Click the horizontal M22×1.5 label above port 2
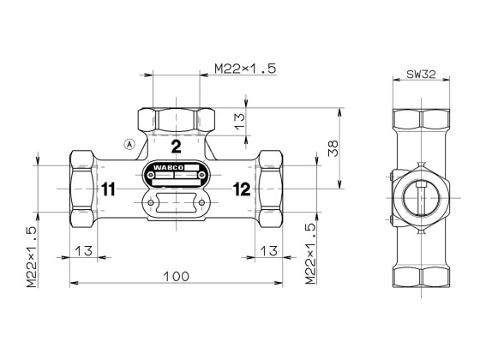[x=244, y=69]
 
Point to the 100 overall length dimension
[x=176, y=276]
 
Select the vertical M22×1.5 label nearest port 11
[x=32, y=255]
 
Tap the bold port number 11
[x=106, y=189]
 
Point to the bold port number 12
[x=241, y=189]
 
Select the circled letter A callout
[x=129, y=143]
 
